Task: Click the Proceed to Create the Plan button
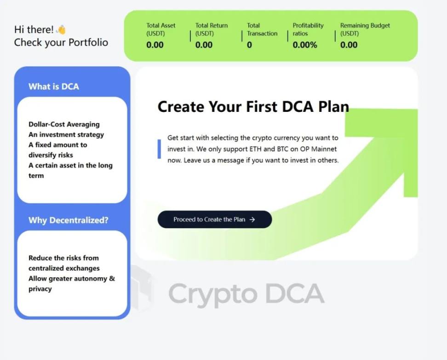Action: tap(215, 219)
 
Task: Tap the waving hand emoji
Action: tap(61, 29)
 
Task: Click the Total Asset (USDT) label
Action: tap(161, 29)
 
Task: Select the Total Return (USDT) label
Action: tap(212, 29)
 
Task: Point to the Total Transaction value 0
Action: tap(249, 45)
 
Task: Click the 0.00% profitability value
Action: tap(305, 45)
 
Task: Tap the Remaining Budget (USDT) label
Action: tap(365, 29)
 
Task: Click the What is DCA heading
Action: tap(54, 87)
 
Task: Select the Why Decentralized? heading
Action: tap(69, 220)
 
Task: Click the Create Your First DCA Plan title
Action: tap(253, 106)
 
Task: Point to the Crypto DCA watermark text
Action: tap(246, 294)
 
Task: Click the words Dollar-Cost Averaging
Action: tap(64, 124)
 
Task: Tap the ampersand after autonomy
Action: tap(112, 279)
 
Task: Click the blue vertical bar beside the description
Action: tap(159, 149)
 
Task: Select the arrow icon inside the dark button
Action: tap(252, 220)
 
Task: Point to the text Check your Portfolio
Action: tap(61, 42)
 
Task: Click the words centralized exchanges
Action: tap(64, 268)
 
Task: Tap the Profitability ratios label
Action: tap(308, 29)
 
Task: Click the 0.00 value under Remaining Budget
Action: tap(349, 45)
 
